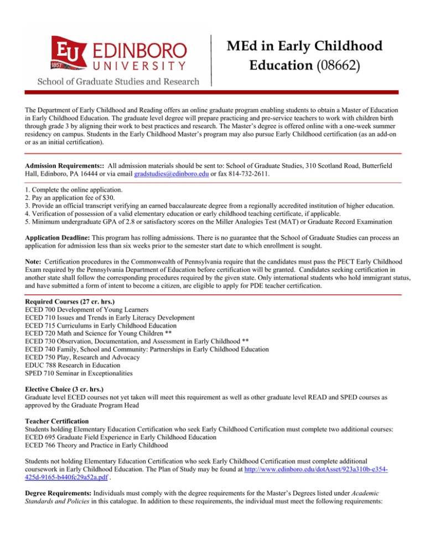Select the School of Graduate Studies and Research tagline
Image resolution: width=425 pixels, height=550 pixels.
click(118, 81)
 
